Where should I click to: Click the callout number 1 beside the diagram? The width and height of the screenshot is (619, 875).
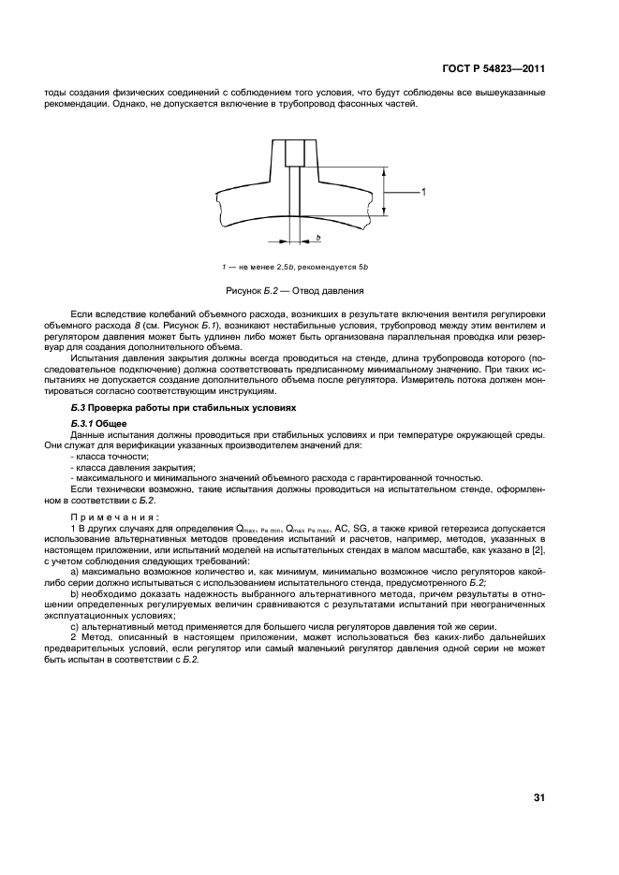coord(423,192)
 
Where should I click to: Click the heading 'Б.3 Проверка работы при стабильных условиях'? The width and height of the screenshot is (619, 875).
coord(184,408)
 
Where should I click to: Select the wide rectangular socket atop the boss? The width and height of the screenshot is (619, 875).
coord(295,151)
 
